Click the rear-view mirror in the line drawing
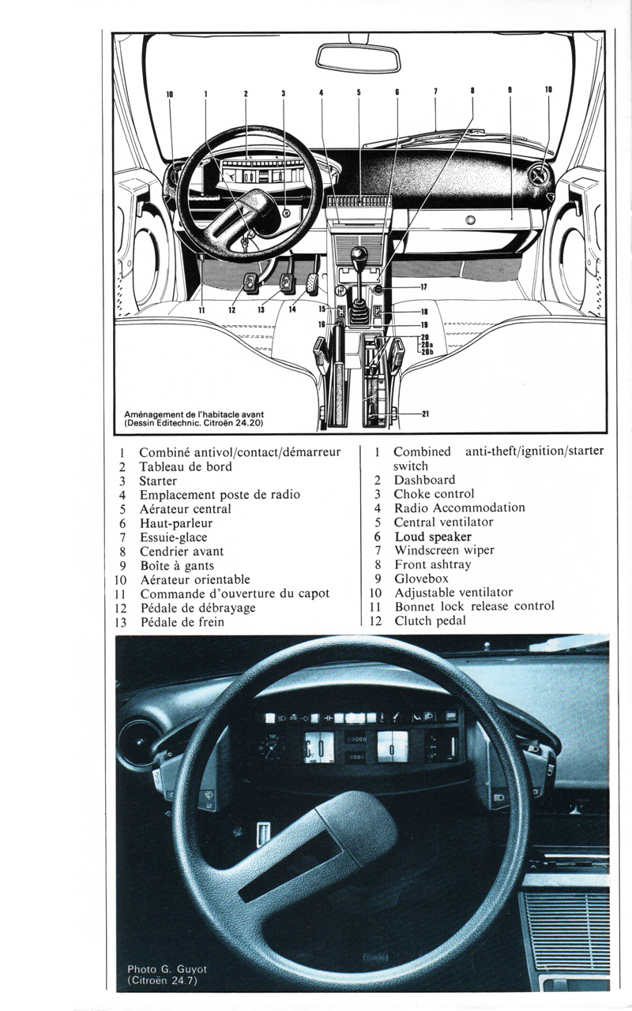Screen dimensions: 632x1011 point(357,58)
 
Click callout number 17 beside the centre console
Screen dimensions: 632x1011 point(423,286)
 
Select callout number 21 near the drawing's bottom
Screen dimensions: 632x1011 point(425,414)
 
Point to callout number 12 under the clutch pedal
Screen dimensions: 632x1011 point(231,309)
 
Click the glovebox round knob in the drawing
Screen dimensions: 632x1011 point(470,220)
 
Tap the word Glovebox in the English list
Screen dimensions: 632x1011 point(421,579)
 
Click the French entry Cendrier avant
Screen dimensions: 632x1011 point(182,552)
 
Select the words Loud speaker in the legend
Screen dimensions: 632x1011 point(433,537)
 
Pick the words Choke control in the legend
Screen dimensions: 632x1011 point(434,494)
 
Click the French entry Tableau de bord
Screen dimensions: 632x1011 point(185,466)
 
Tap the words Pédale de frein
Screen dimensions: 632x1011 point(182,622)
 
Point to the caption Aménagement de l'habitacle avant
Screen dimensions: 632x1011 point(194,414)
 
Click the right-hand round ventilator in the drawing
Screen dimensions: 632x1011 point(540,176)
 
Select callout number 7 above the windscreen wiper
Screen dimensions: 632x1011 point(435,92)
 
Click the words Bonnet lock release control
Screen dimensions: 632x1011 point(474,606)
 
